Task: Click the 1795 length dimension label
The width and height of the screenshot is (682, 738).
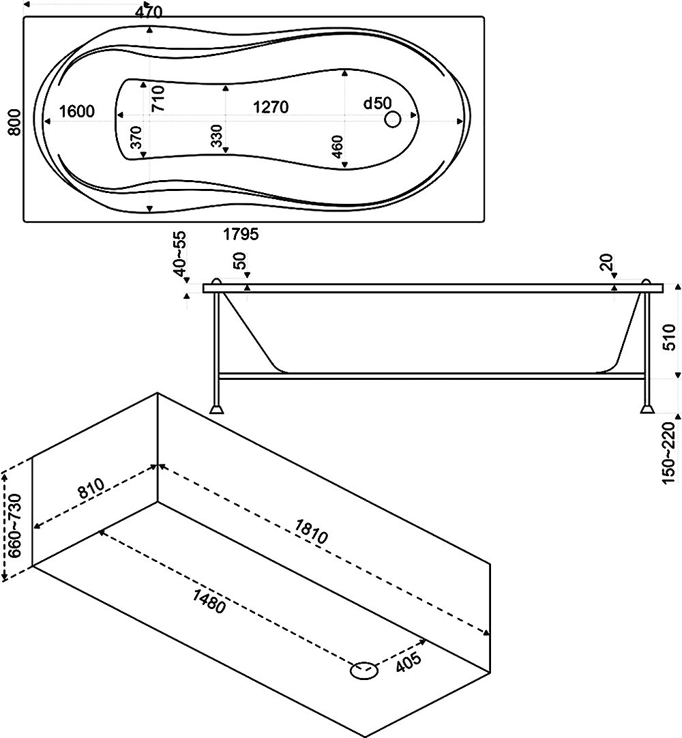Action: coord(241,235)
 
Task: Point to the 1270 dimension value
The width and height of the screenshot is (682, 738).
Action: coord(270,107)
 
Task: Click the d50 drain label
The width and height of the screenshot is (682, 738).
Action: coord(376,104)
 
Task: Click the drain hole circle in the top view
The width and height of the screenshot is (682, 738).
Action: coord(392,120)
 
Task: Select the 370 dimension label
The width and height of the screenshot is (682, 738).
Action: coord(136,138)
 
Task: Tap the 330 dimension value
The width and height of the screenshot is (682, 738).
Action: coord(216,136)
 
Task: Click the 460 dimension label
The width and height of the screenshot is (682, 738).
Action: coord(336,147)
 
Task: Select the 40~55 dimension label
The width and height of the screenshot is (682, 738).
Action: coord(181,254)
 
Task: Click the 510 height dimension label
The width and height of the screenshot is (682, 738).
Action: coord(670,337)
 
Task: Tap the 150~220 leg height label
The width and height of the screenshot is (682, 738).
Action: coord(669,453)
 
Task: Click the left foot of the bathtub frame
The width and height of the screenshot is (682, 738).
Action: coord(218,409)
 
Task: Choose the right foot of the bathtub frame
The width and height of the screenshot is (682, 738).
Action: coord(646,409)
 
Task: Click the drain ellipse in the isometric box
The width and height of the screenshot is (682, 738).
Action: coord(364,670)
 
